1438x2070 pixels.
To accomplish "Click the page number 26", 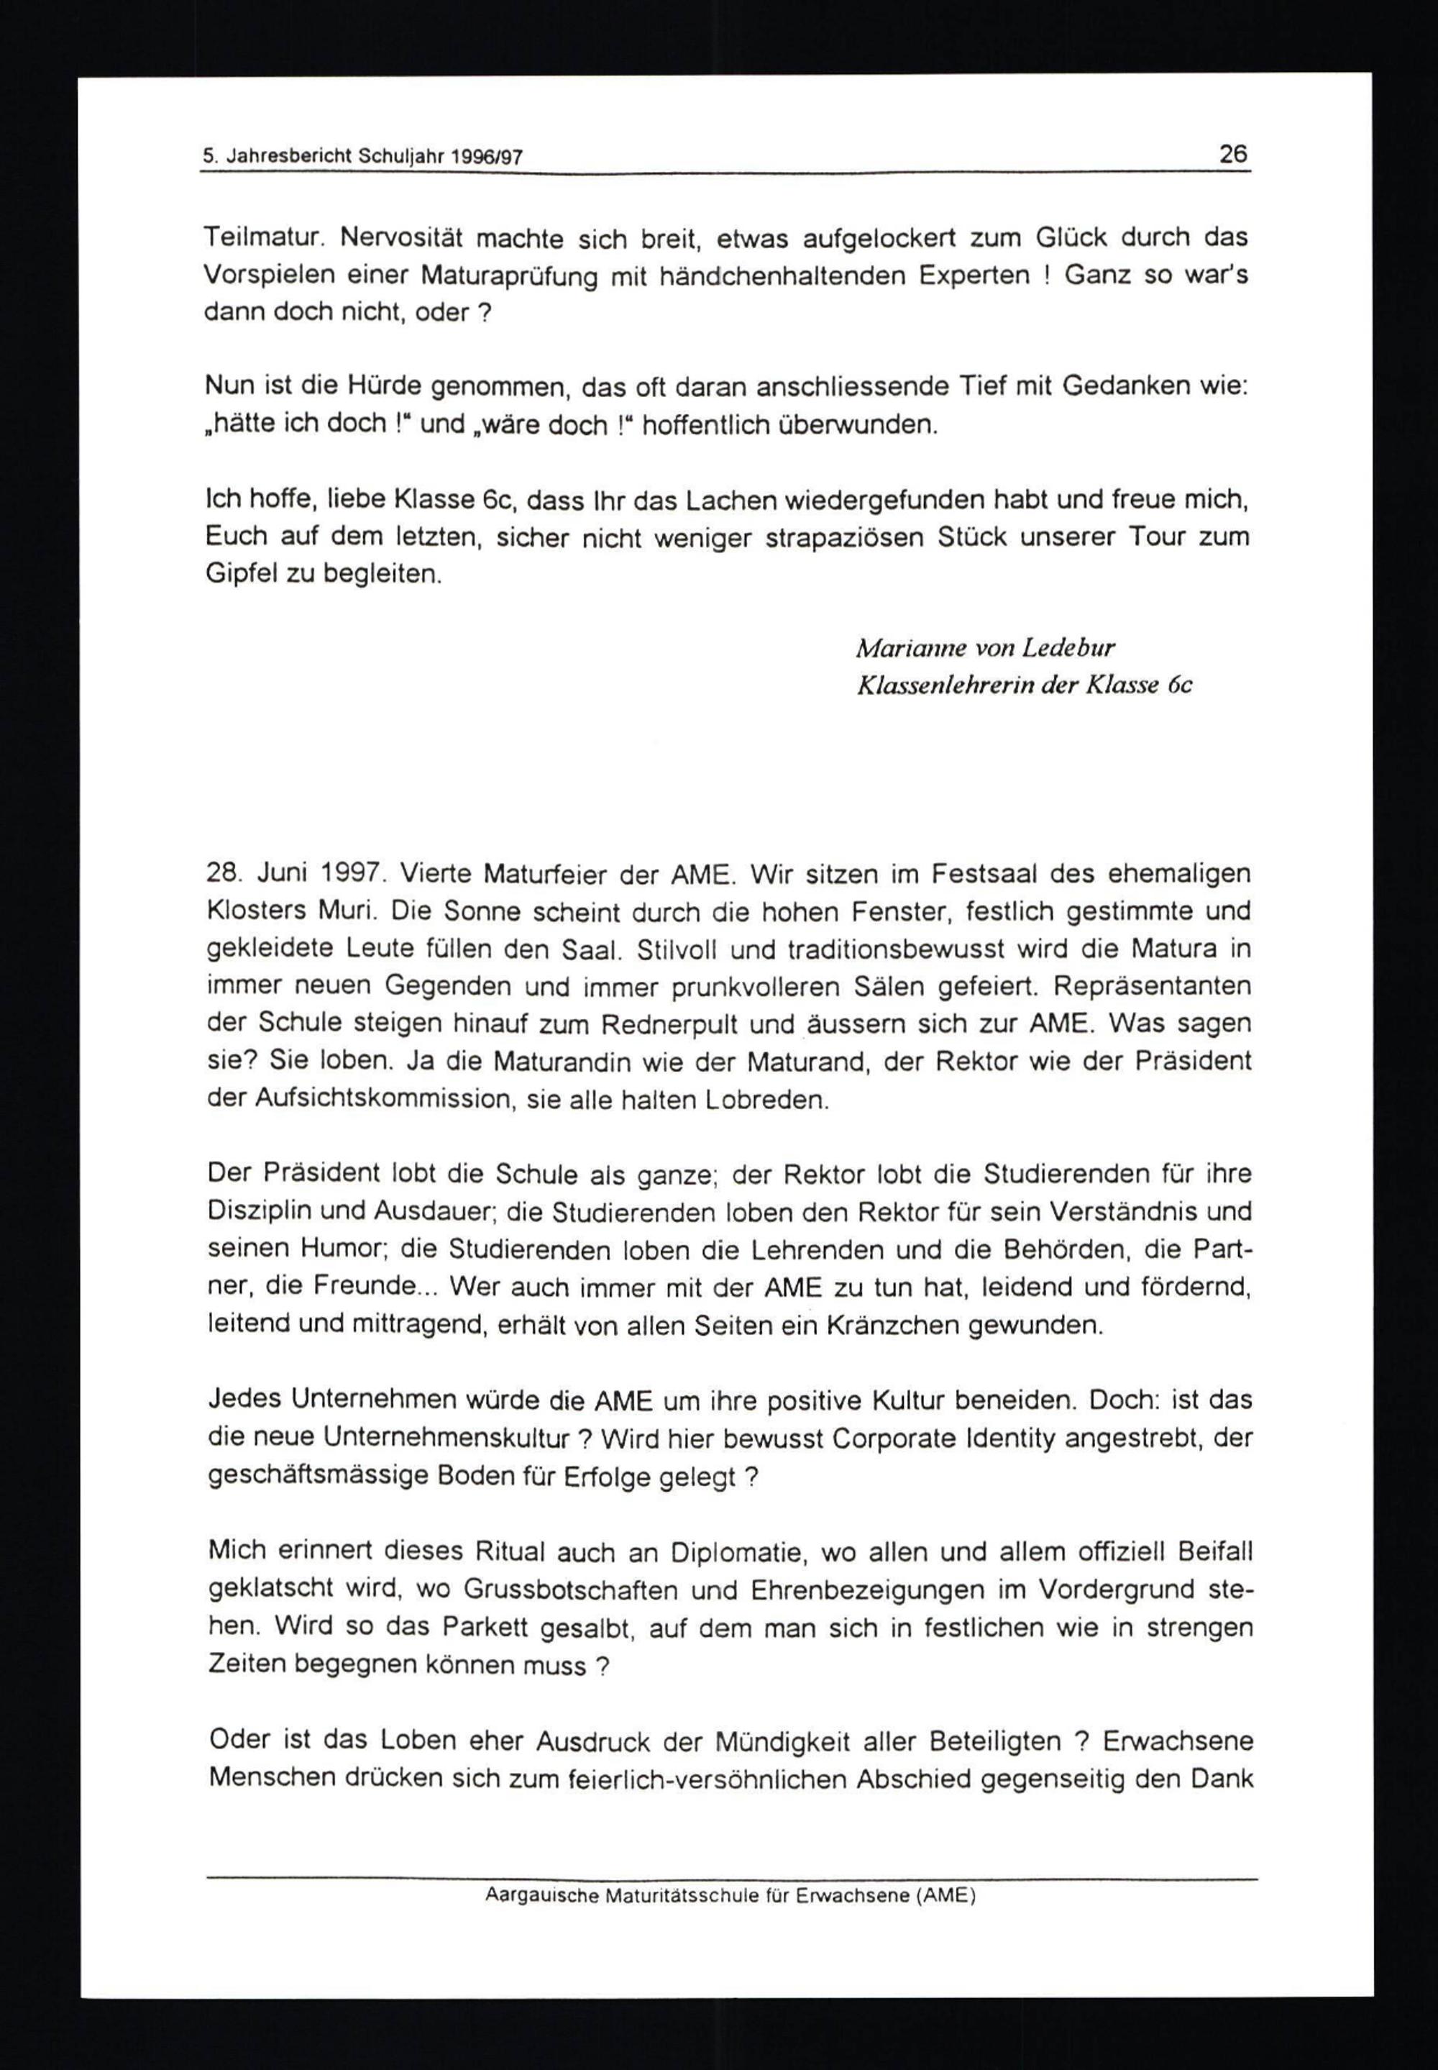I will point(1232,154).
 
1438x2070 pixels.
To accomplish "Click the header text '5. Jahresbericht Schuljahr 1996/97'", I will point(362,157).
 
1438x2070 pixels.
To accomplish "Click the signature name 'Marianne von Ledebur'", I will point(985,648).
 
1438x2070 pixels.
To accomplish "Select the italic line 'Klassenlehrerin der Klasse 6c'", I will point(1025,685).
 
